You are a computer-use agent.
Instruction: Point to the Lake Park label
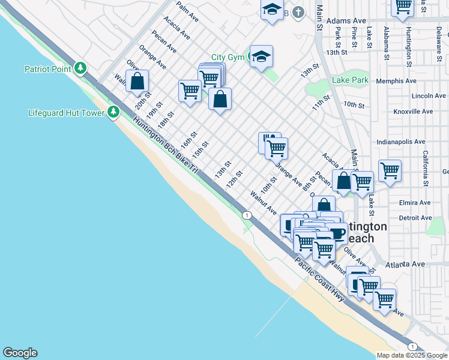coord(350,80)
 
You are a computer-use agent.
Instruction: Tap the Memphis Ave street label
coord(396,81)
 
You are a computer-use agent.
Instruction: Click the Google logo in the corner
coord(20,353)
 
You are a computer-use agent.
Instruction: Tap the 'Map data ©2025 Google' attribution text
coord(412,355)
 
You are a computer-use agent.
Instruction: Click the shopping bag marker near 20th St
coord(137,81)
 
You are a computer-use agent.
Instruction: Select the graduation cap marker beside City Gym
coord(261,56)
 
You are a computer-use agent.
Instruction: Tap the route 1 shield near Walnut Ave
coord(246,215)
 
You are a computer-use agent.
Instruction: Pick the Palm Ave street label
coord(187,11)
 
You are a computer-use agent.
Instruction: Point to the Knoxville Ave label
coord(412,112)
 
